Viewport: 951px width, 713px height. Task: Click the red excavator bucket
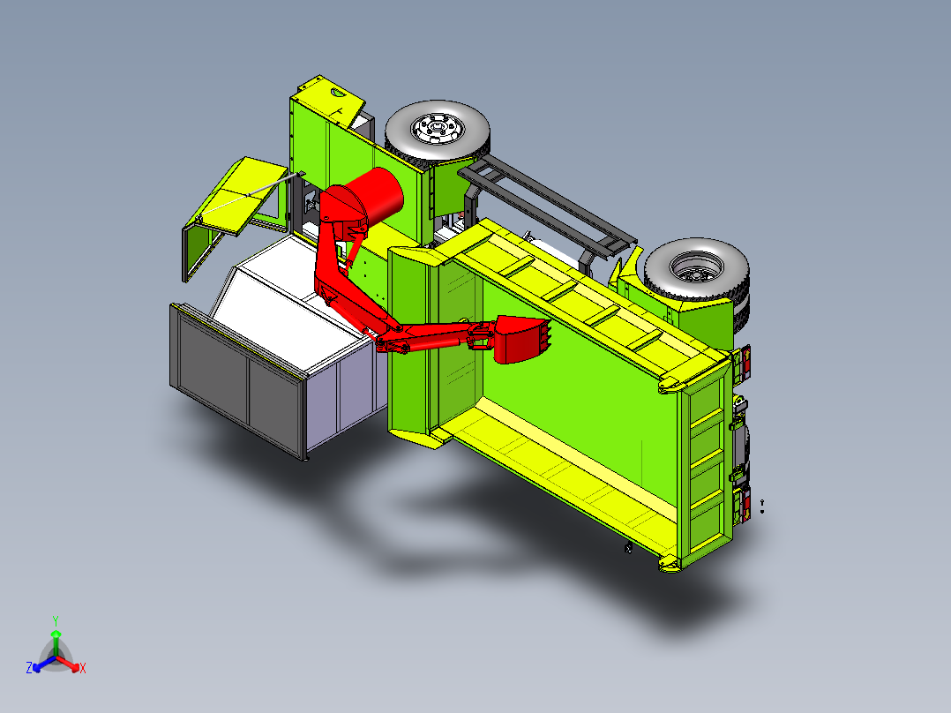pos(519,339)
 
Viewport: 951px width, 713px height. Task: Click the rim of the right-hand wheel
pos(696,267)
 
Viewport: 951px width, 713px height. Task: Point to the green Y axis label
pos(56,620)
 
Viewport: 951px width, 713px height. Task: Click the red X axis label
pos(83,668)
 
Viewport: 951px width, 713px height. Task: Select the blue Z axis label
pos(29,667)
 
